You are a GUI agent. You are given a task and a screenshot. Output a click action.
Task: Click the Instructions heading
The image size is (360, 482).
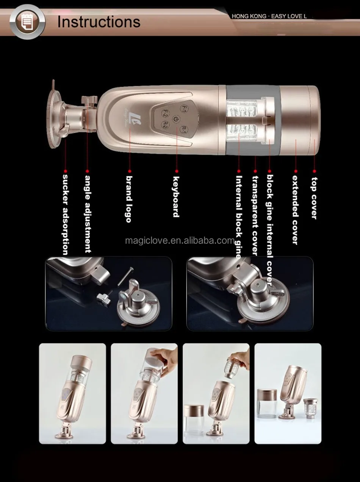[x=99, y=22]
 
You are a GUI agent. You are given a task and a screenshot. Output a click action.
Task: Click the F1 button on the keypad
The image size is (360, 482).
[x=183, y=108]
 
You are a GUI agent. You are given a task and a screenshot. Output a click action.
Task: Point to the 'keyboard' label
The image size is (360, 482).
[x=176, y=197]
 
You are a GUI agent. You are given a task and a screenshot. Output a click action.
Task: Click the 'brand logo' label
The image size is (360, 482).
[x=129, y=198]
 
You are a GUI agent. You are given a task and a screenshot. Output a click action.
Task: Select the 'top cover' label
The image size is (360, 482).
[x=314, y=198]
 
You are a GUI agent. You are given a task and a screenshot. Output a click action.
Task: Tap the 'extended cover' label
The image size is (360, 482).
[x=295, y=209]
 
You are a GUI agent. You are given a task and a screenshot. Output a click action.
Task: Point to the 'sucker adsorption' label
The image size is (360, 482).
[x=65, y=214]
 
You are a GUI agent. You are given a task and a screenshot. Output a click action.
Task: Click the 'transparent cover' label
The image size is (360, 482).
[x=255, y=215]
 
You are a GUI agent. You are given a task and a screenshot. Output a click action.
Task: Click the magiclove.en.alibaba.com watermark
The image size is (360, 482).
[x=180, y=240]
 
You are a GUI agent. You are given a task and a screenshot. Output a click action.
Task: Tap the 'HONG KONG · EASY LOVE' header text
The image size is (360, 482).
[x=269, y=17]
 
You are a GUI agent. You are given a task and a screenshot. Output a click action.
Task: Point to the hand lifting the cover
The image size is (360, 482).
[x=165, y=356]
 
